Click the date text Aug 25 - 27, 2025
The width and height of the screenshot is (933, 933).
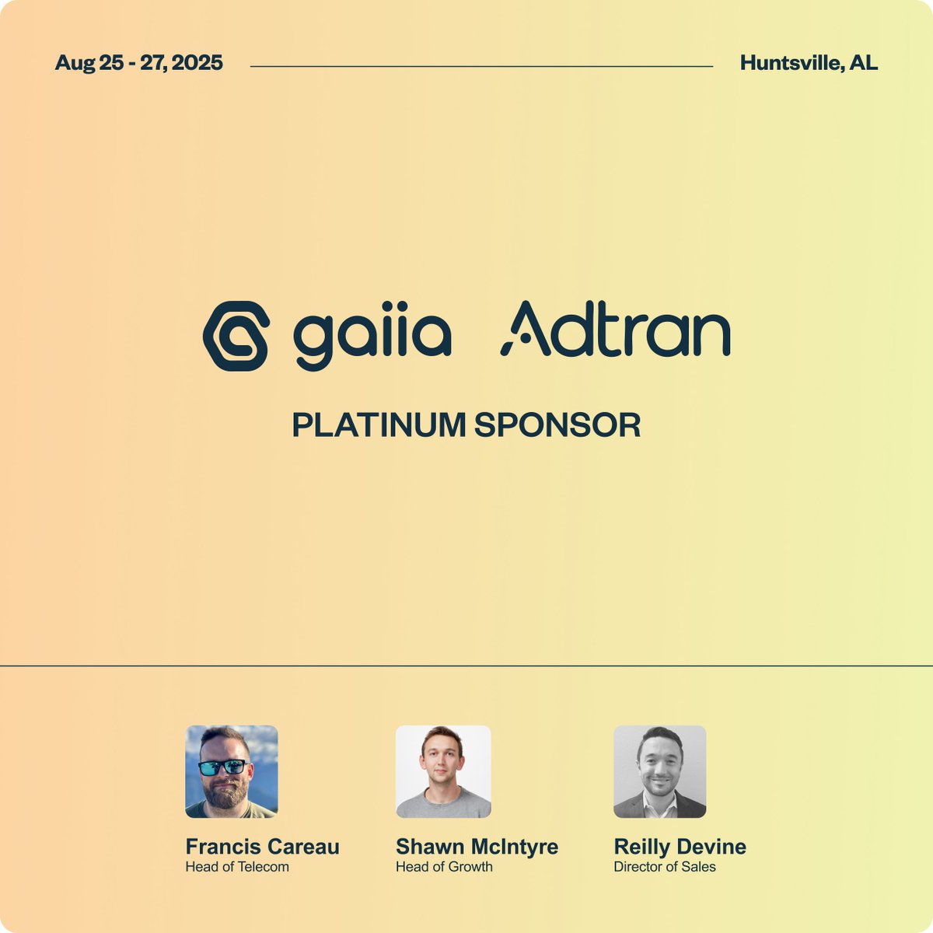coord(138,63)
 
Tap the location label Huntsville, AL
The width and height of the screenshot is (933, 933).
coord(809,63)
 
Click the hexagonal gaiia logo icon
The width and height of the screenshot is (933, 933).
coord(236,336)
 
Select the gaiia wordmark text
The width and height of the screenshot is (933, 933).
coord(372,338)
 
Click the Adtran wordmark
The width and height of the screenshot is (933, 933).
coord(615,330)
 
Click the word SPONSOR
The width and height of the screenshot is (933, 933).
coord(557,425)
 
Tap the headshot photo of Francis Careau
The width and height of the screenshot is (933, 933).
coord(231,771)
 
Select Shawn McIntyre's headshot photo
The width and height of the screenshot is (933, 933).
coord(443,771)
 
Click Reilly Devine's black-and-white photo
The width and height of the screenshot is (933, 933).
coord(659,771)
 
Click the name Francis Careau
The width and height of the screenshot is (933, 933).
coord(262,847)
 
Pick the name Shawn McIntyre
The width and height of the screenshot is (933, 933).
coord(477,847)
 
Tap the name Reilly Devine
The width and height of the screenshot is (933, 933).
coord(680,847)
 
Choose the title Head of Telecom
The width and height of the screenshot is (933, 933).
coord(236,867)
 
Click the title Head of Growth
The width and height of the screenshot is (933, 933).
coord(444,867)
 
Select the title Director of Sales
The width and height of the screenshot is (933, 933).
coord(664,867)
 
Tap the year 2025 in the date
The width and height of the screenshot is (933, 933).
coord(197,63)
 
